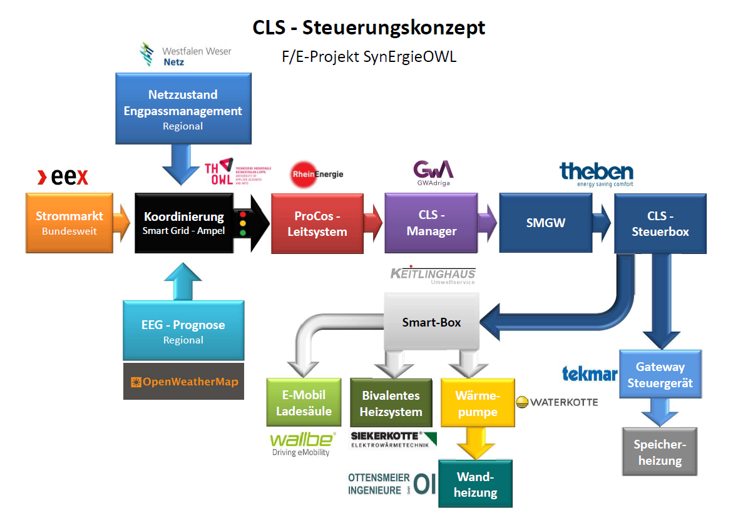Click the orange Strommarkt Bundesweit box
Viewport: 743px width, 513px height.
point(69,223)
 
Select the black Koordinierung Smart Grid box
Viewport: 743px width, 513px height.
point(183,223)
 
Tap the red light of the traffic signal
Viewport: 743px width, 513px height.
point(243,214)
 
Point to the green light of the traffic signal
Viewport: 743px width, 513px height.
point(243,233)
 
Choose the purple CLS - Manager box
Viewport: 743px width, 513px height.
point(431,223)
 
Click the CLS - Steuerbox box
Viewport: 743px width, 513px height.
point(660,223)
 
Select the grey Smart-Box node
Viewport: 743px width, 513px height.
point(431,322)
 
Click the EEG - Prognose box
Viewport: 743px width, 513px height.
point(183,331)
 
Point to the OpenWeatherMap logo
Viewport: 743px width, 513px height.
point(183,382)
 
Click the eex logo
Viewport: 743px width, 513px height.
point(63,178)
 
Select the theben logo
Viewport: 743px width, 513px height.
point(596,173)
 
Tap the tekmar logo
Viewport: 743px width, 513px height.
point(589,374)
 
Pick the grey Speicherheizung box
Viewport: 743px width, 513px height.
point(659,452)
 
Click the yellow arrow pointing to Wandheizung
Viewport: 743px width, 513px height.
point(476,444)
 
